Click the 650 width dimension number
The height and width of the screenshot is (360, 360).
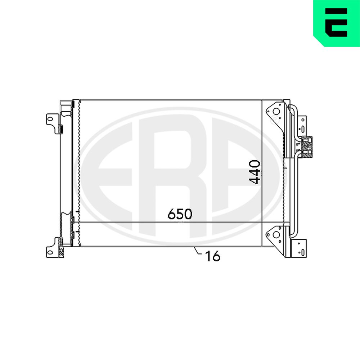180,214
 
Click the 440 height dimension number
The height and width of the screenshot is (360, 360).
255,172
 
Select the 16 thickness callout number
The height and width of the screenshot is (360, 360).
213,256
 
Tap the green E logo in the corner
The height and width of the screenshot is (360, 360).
336,23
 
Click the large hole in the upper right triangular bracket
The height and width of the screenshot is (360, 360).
276,112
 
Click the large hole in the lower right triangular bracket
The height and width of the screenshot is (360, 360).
276,235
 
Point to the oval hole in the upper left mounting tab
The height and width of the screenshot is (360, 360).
50,119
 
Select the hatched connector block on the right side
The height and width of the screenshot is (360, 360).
307,147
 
